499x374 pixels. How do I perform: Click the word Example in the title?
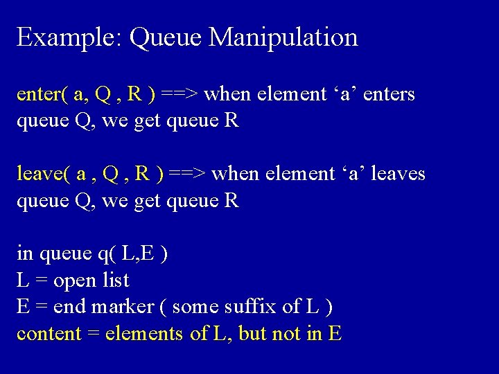[67, 37]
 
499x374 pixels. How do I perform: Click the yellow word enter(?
[42, 93]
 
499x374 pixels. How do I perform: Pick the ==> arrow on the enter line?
[181, 93]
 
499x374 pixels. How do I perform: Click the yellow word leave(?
[44, 173]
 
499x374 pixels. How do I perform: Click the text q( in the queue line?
[106, 253]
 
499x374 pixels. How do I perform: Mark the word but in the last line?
[254, 334]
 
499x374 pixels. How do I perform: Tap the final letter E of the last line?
[335, 334]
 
